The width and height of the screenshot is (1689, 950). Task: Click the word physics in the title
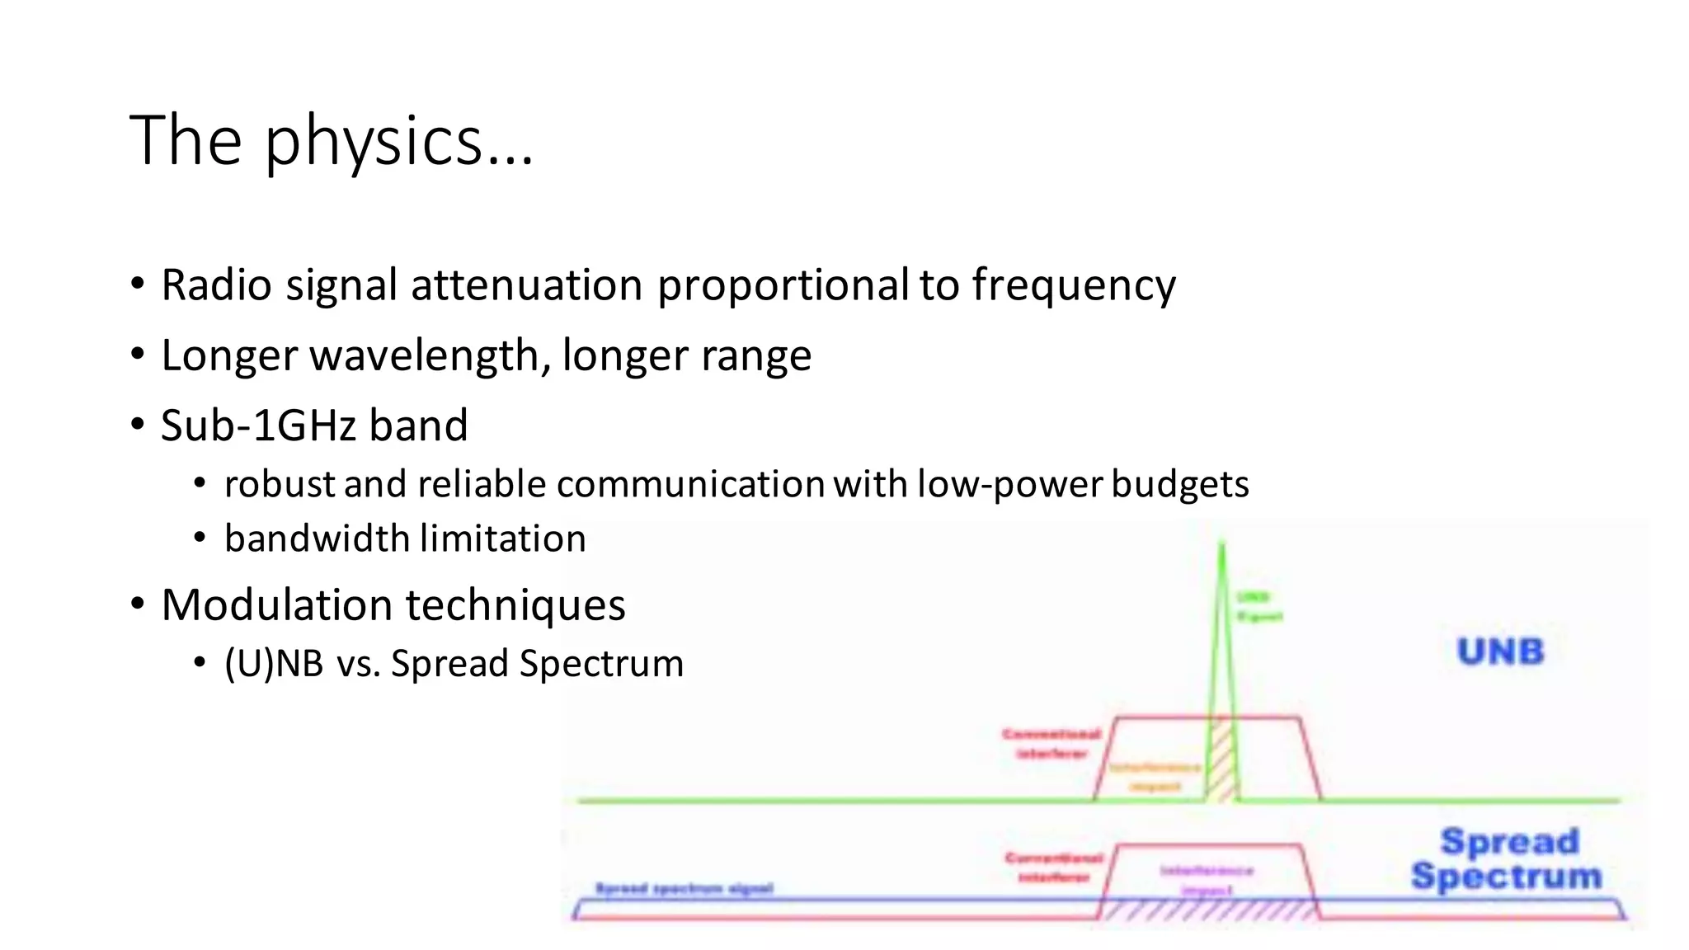click(373, 142)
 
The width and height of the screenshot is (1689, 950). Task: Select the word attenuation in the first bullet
click(526, 285)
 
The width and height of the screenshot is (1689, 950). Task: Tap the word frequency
click(1073, 285)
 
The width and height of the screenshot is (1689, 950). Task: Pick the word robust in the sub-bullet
click(280, 484)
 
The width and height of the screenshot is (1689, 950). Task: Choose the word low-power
click(1009, 484)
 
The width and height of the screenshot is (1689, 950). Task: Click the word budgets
click(1179, 484)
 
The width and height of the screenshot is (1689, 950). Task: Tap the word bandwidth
click(317, 538)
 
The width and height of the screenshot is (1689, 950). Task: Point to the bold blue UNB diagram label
click(1500, 651)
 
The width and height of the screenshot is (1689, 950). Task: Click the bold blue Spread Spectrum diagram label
click(1508, 859)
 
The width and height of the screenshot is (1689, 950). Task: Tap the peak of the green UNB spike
click(1221, 546)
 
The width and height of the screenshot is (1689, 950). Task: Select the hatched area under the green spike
click(1221, 763)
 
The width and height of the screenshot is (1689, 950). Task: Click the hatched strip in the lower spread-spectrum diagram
click(1208, 910)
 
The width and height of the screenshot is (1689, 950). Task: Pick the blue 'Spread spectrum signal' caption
click(684, 888)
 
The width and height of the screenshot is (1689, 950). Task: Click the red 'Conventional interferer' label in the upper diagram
click(1052, 743)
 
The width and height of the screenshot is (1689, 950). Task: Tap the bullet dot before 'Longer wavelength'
click(138, 355)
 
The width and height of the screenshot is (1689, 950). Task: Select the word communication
click(690, 484)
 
